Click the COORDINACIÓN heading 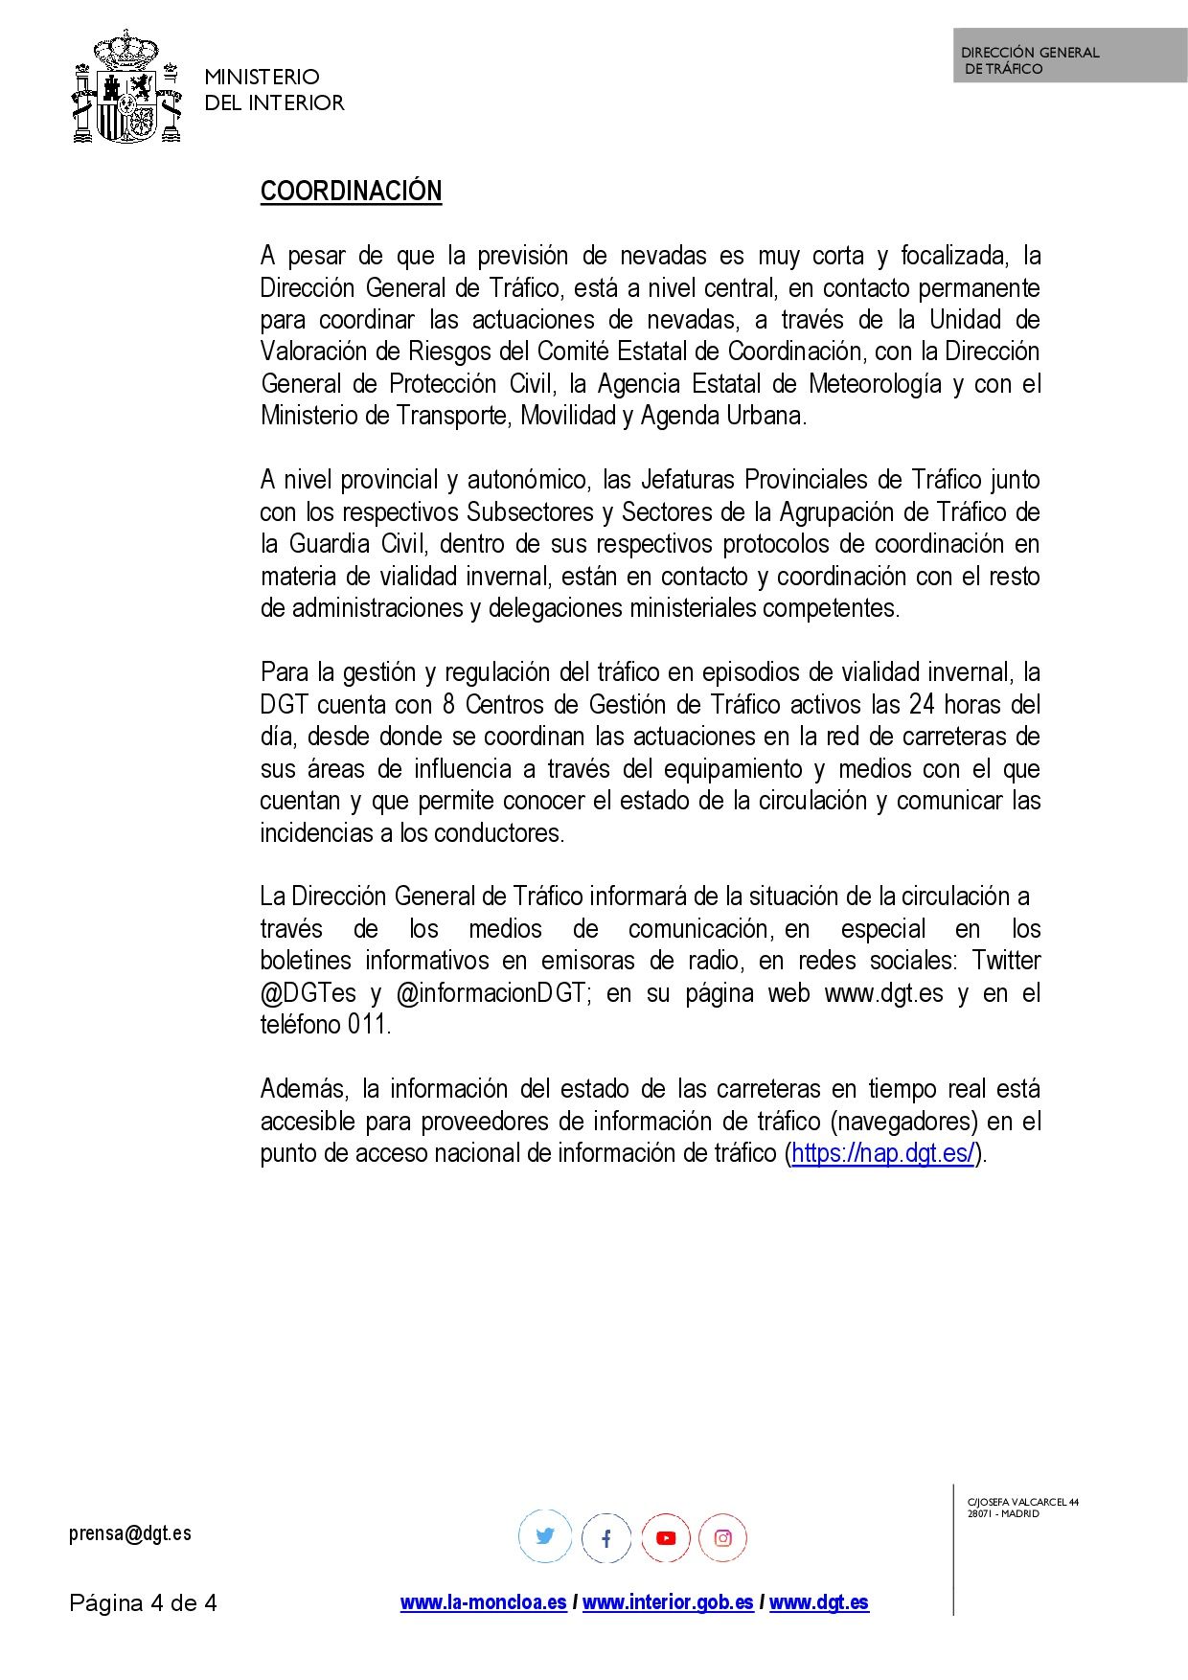(351, 192)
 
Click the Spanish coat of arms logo (127, 88)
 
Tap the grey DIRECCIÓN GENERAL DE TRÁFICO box (1069, 56)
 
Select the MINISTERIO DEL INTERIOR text (274, 90)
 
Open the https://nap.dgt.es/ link (882, 1153)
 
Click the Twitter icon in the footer (545, 1537)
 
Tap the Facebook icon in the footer (605, 1538)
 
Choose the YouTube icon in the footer (666, 1538)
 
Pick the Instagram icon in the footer (723, 1538)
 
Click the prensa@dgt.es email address (130, 1533)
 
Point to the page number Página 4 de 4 (143, 1603)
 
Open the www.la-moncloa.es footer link (484, 1602)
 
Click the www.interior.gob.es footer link (668, 1602)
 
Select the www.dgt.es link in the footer (819, 1602)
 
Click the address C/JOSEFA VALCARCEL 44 (1022, 1502)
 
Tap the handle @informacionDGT (490, 993)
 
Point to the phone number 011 (368, 1025)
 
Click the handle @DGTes (308, 993)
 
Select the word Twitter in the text (1006, 961)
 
